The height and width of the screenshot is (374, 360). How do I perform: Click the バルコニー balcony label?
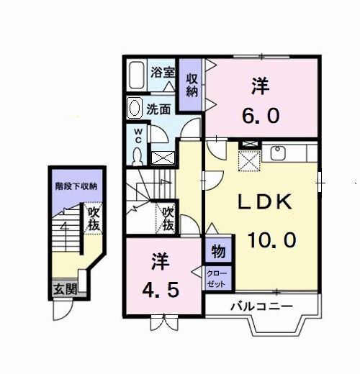[x=261, y=306]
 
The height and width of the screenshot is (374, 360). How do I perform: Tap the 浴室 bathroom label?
[x=163, y=72]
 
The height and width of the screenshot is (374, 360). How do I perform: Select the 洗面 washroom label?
[x=158, y=109]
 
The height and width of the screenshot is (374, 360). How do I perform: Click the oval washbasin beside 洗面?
[x=134, y=109]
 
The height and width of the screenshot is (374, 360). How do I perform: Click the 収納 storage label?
[x=192, y=85]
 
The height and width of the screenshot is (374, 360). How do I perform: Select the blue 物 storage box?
[x=217, y=252]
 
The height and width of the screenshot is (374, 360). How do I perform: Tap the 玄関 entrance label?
[x=64, y=290]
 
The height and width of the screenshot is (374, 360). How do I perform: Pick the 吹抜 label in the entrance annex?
[x=94, y=219]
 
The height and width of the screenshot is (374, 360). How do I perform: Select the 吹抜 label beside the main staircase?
[x=168, y=218]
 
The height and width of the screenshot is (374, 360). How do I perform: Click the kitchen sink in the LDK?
[x=279, y=152]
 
